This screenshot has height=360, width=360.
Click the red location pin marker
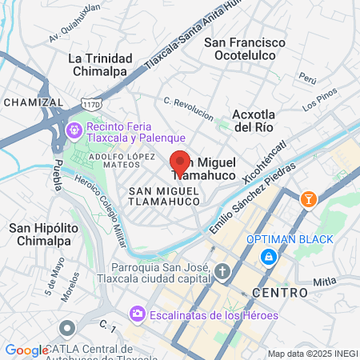pyautogui.click(x=180, y=164)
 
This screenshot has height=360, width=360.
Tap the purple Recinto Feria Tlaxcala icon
pyautogui.click(x=74, y=128)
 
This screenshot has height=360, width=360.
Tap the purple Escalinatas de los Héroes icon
pyautogui.click(x=137, y=315)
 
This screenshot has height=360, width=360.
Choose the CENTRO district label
pyautogui.click(x=279, y=294)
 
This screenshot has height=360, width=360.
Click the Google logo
pyautogui.click(x=26, y=350)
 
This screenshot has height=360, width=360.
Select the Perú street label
pyautogui.click(x=308, y=78)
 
